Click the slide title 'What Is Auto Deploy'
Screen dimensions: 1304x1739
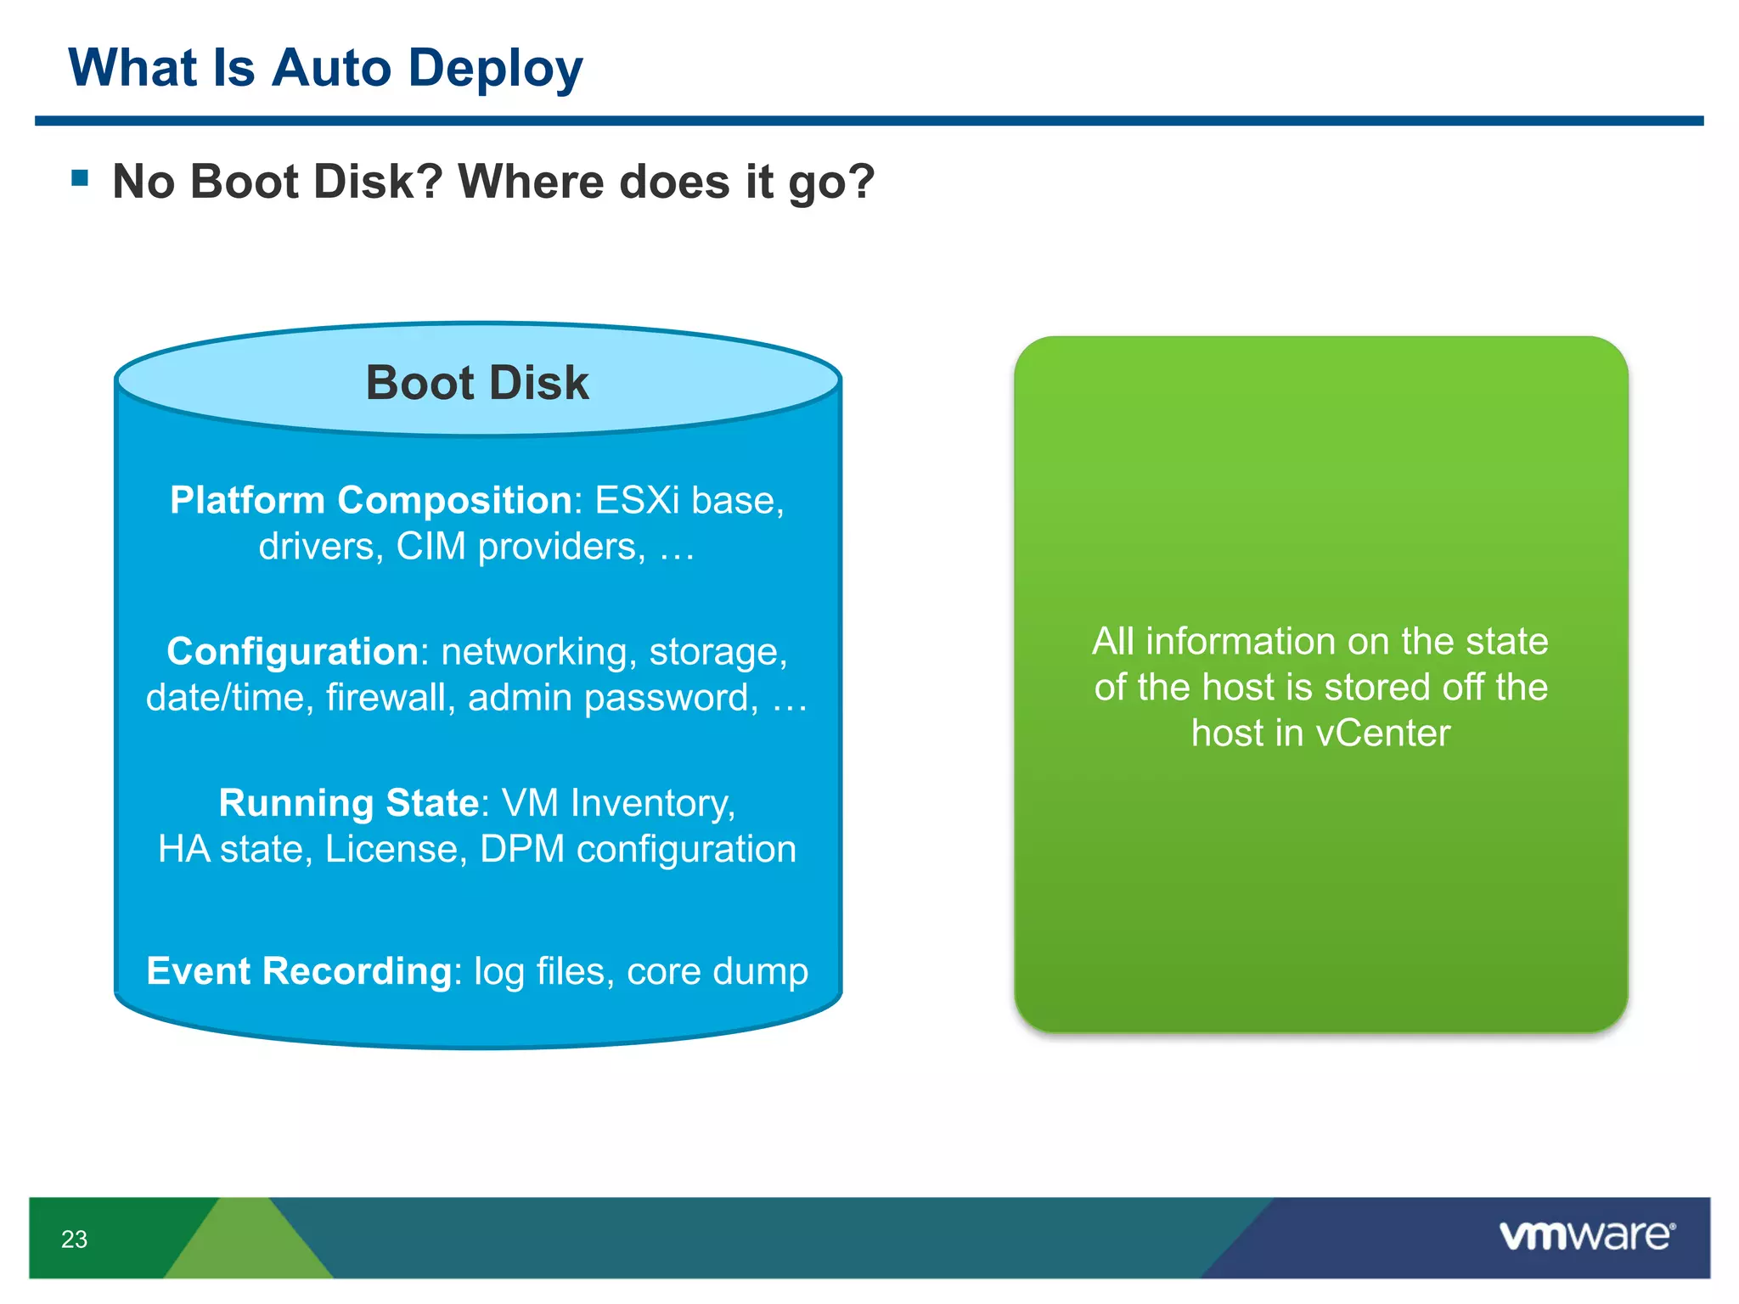(x=325, y=68)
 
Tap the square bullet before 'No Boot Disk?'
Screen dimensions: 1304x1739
(x=81, y=177)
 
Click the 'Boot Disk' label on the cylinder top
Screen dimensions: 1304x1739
(x=477, y=383)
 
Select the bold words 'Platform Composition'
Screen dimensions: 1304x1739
(x=371, y=500)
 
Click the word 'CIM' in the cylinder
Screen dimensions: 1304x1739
(x=431, y=547)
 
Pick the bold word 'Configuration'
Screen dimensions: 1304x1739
(x=292, y=652)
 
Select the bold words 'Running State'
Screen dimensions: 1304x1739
(x=349, y=803)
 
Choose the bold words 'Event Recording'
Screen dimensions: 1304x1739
(x=299, y=971)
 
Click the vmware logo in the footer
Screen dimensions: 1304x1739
(x=1585, y=1236)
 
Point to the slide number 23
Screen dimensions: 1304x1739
(x=74, y=1239)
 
